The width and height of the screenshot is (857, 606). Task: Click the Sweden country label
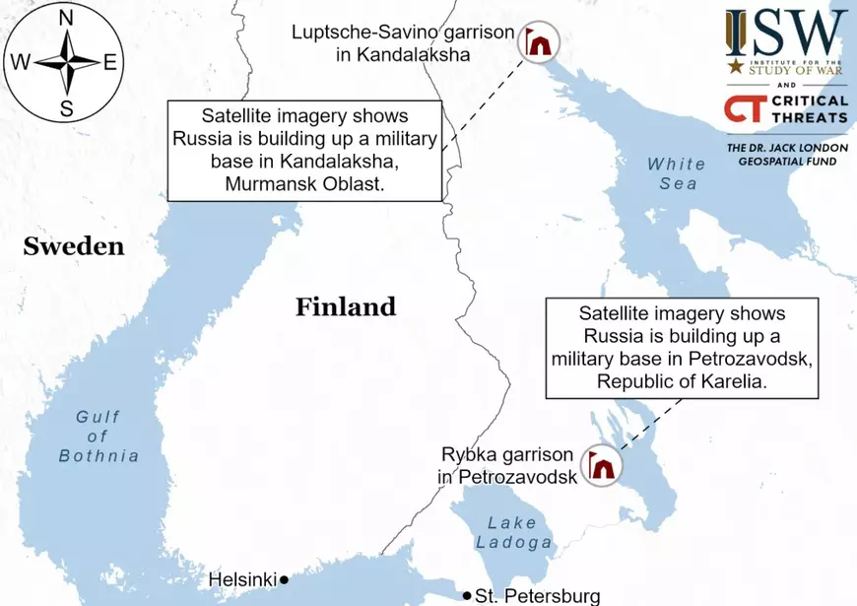tap(74, 246)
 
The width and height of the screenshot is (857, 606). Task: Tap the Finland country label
tap(346, 306)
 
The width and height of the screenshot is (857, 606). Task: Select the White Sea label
tap(677, 173)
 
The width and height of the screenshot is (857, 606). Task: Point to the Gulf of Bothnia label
tap(99, 437)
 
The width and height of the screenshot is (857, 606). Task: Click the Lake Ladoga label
tap(513, 532)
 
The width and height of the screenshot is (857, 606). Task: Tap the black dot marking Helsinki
tap(284, 579)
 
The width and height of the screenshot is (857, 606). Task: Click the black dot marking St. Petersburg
tap(467, 595)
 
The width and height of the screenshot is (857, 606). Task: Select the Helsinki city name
tap(241, 580)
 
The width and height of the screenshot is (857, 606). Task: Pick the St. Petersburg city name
tap(537, 596)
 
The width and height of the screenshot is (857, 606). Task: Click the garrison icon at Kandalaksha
tap(538, 42)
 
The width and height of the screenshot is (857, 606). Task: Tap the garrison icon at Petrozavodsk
tap(600, 465)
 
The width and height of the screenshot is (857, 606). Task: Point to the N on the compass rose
tap(66, 18)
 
